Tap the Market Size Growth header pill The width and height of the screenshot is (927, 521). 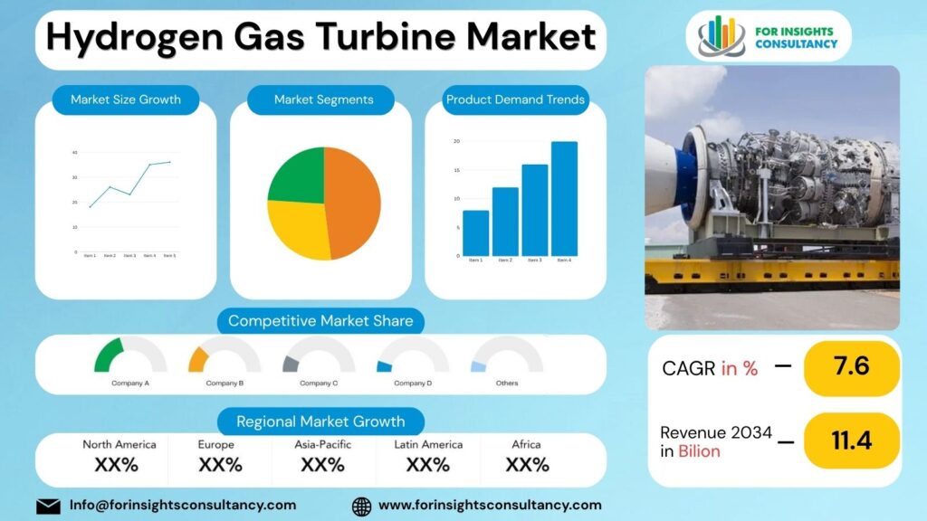pyautogui.click(x=126, y=99)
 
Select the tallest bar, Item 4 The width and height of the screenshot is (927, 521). pyautogui.click(x=564, y=198)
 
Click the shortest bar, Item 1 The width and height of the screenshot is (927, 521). pyautogui.click(x=475, y=232)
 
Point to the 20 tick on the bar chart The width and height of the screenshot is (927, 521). pyautogui.click(x=456, y=141)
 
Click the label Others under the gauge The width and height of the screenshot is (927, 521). pyautogui.click(x=507, y=384)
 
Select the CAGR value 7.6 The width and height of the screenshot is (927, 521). pyautogui.click(x=851, y=367)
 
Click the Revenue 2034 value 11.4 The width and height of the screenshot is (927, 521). pyautogui.click(x=851, y=440)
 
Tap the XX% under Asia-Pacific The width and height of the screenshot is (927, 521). pyautogui.click(x=322, y=465)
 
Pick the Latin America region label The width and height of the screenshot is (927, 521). pyautogui.click(x=428, y=444)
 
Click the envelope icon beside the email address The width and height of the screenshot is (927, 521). pyautogui.click(x=48, y=506)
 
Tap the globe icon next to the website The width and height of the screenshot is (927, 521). pyautogui.click(x=361, y=506)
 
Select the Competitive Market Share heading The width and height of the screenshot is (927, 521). pyautogui.click(x=320, y=321)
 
